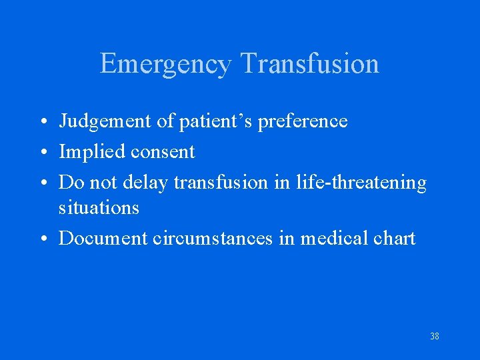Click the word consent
[x=163, y=153]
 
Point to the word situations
[x=99, y=208]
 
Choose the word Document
[x=103, y=238]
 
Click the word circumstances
[x=213, y=238]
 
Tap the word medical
[x=333, y=238]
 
